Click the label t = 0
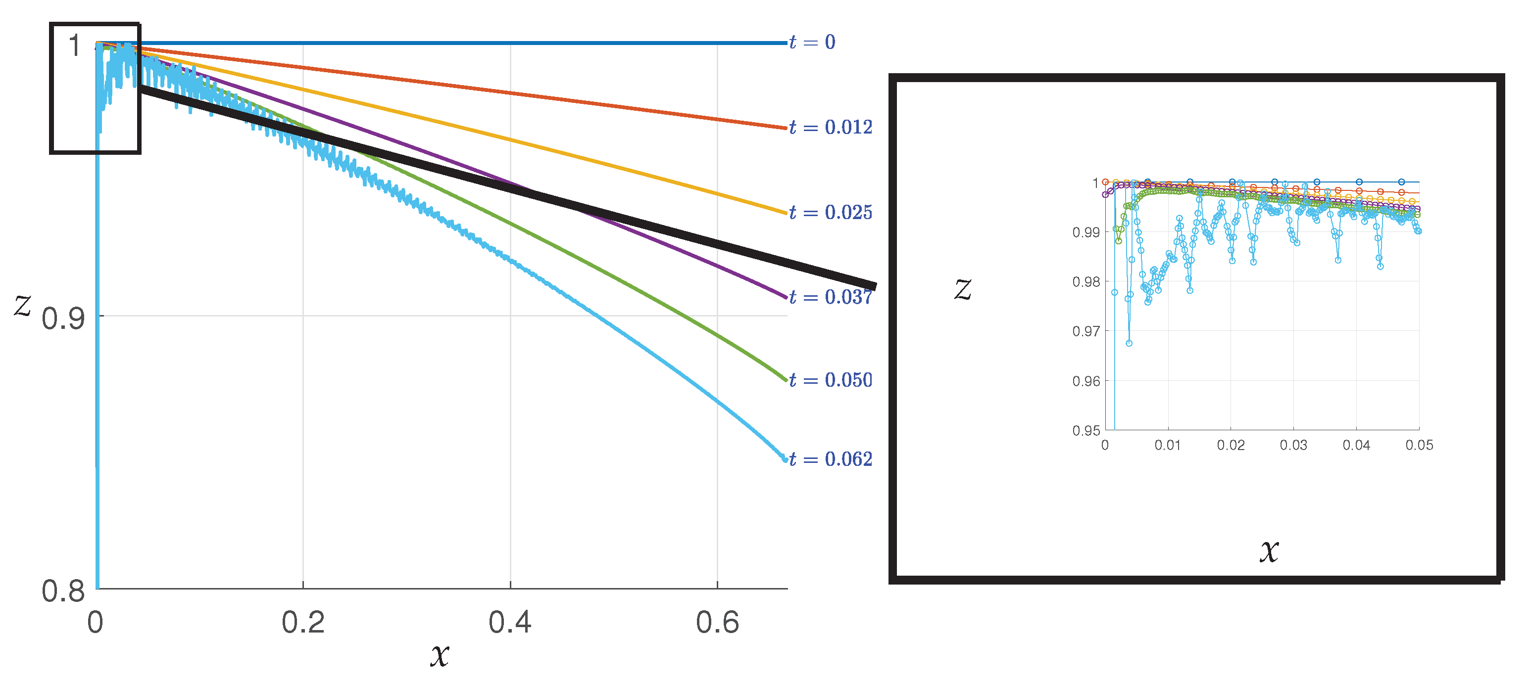[x=812, y=42]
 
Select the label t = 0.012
[x=831, y=127]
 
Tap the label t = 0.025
[x=831, y=212]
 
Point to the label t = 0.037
[x=831, y=297]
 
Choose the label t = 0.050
[x=831, y=380]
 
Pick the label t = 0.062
[x=831, y=459]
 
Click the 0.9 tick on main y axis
[x=63, y=319]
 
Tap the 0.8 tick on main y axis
[x=63, y=591]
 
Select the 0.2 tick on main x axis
[x=303, y=622]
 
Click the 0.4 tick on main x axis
[x=510, y=622]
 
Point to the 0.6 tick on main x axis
[x=717, y=622]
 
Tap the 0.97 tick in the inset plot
[x=1086, y=331]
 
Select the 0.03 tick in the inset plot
[x=1293, y=445]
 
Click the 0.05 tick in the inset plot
[x=1419, y=445]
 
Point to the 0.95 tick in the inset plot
[x=1086, y=431]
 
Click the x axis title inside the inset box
[x=1269, y=550]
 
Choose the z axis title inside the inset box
[x=963, y=289]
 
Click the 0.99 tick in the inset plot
[x=1086, y=232]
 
